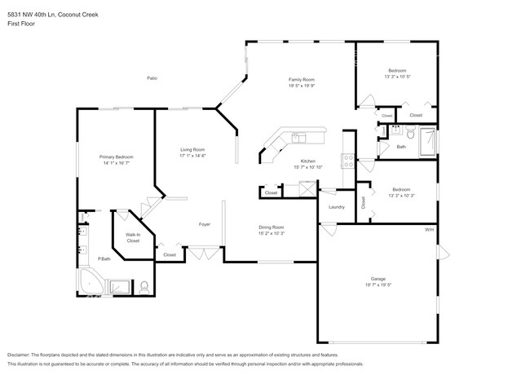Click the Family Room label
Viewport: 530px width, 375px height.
[x=302, y=78]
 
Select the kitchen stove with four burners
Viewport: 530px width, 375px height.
[x=348, y=161]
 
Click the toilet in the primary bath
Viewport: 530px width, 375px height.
[x=144, y=286]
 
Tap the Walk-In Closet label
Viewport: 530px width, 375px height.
[x=132, y=239]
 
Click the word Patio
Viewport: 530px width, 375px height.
[x=152, y=78]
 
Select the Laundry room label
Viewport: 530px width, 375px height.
[x=336, y=207]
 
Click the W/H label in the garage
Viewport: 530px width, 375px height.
[x=429, y=230]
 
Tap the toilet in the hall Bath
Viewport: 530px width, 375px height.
[x=411, y=134]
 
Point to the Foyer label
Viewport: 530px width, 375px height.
[x=205, y=224]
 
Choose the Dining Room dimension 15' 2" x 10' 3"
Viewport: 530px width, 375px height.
[x=271, y=233]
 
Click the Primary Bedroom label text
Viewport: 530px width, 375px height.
[x=117, y=157]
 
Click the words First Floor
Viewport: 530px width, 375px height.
[x=20, y=15]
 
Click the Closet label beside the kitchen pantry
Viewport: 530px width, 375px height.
[x=271, y=193]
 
